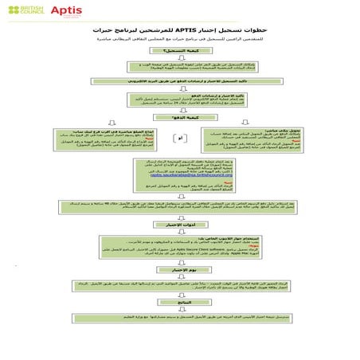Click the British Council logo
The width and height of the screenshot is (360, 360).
pos(22,11)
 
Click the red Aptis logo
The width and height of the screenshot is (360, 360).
pos(65,12)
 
